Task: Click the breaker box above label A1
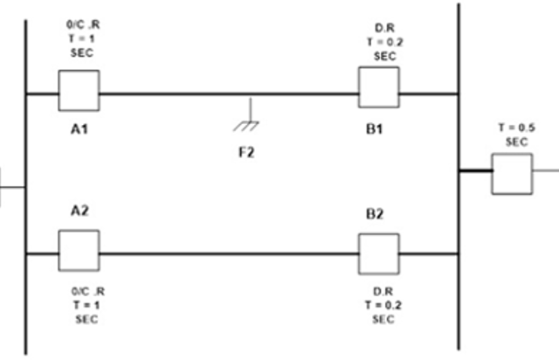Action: click(79, 91)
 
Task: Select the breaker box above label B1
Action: click(379, 87)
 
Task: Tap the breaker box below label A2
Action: click(79, 251)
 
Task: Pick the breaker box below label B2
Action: click(379, 252)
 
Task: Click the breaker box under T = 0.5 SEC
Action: click(512, 173)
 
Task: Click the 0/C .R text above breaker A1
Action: click(85, 26)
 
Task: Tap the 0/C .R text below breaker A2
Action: click(87, 291)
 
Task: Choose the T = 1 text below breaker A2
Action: click(86, 305)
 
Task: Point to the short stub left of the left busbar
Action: click(9, 185)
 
